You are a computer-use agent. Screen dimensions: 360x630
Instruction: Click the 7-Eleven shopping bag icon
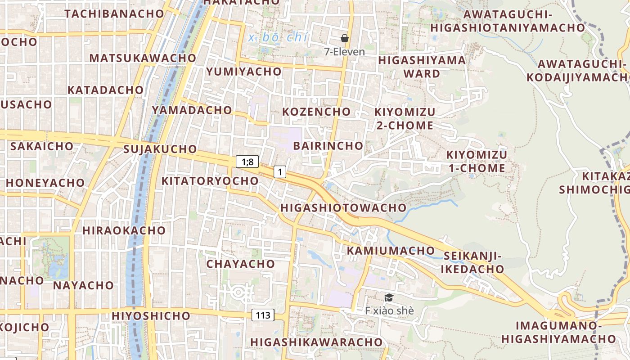click(x=345, y=38)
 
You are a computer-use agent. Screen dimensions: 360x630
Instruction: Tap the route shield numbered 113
click(x=263, y=315)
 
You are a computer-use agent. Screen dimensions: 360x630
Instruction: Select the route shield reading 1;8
click(x=247, y=162)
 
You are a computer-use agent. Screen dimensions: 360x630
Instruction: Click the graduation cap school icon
click(x=389, y=297)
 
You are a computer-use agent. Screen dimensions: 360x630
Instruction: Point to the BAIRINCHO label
click(x=328, y=146)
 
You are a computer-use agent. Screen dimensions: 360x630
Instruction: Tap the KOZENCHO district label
click(x=316, y=112)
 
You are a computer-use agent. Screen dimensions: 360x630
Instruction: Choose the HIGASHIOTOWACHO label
click(x=343, y=208)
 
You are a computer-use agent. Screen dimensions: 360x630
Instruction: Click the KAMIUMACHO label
click(x=391, y=251)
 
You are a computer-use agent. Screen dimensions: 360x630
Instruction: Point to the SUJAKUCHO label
click(x=160, y=149)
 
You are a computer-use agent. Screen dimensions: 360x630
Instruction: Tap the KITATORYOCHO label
click(x=210, y=181)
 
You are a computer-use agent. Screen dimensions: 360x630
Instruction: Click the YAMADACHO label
click(x=192, y=110)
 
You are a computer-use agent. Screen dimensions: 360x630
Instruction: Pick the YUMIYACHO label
click(x=243, y=72)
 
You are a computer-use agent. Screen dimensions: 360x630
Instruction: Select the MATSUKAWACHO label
click(x=143, y=58)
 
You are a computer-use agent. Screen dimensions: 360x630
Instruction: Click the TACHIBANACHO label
click(x=114, y=13)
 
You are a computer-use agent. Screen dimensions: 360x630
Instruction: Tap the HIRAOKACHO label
click(x=124, y=230)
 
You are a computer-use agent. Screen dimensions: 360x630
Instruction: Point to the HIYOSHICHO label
click(x=151, y=316)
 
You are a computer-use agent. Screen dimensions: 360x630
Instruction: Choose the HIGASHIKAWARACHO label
click(x=316, y=342)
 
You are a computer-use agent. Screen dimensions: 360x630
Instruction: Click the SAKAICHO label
click(x=41, y=146)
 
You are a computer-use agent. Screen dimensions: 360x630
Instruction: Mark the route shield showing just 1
click(x=280, y=171)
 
